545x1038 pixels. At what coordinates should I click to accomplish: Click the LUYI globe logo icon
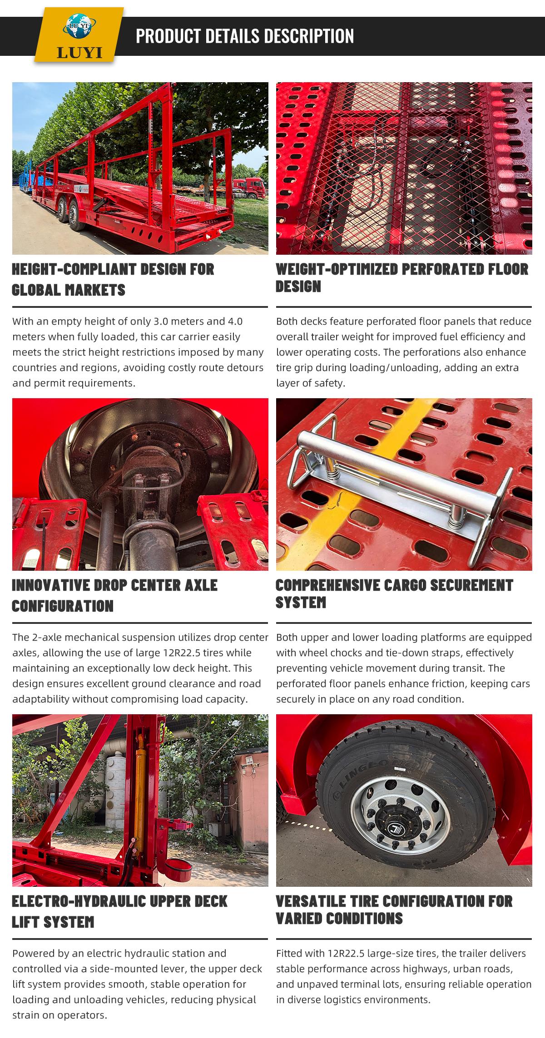79,26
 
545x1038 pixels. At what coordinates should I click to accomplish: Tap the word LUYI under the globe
79,52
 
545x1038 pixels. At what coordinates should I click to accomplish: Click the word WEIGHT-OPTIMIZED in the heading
337,269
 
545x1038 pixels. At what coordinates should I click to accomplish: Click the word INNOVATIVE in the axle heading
51,585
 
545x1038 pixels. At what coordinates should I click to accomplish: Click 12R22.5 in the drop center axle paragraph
182,652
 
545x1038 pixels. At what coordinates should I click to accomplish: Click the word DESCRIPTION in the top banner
309,36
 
